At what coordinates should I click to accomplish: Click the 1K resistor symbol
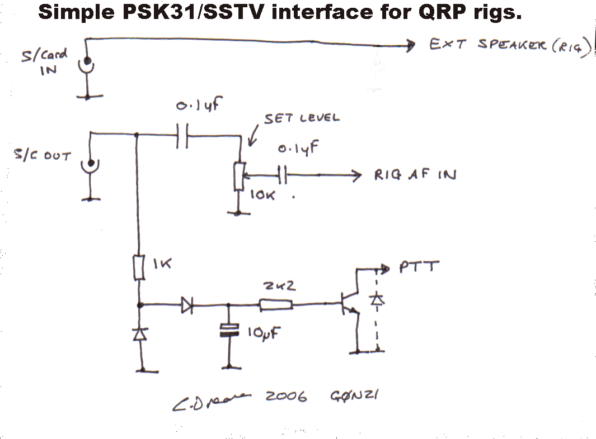[139, 268]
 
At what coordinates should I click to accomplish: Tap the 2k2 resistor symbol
[275, 305]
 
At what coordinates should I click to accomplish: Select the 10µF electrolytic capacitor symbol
[228, 329]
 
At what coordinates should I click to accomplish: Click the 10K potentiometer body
[238, 177]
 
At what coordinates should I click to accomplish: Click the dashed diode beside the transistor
[378, 300]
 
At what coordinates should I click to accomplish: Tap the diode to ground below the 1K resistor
[139, 334]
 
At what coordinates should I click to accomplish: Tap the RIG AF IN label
[415, 175]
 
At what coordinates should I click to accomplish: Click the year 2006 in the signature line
[287, 397]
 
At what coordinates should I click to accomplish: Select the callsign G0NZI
[355, 396]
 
